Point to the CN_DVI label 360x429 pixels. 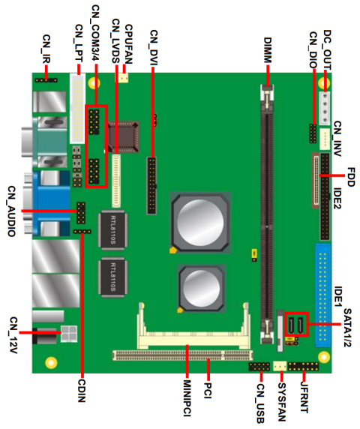(x=153, y=46)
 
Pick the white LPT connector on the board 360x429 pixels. (x=76, y=109)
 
